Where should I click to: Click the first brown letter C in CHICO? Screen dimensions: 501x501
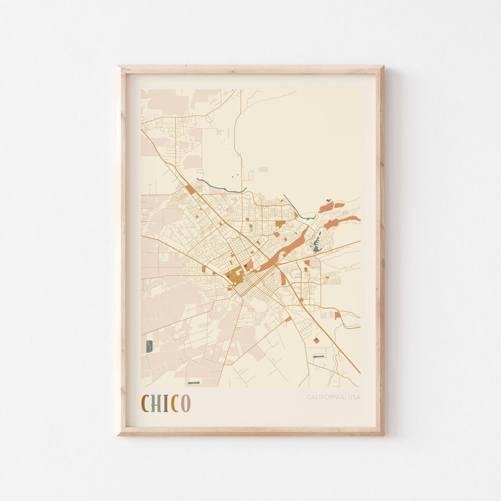145,403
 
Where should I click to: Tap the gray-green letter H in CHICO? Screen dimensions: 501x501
156,403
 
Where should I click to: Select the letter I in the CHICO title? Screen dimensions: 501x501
166,403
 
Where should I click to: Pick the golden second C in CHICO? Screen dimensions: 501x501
174,403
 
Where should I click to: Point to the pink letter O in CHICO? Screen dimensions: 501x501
186,403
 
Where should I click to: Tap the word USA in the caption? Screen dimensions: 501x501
353,397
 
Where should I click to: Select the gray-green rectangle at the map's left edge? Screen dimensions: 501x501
149,347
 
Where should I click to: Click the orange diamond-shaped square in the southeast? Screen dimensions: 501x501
316,340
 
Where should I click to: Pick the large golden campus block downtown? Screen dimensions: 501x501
235,276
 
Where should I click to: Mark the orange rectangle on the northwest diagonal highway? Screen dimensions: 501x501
190,189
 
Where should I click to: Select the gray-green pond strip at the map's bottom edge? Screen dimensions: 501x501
193,383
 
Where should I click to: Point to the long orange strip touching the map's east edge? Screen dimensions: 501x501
342,222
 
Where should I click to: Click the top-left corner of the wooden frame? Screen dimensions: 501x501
119,67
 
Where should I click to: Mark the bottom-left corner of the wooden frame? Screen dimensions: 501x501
119,434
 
